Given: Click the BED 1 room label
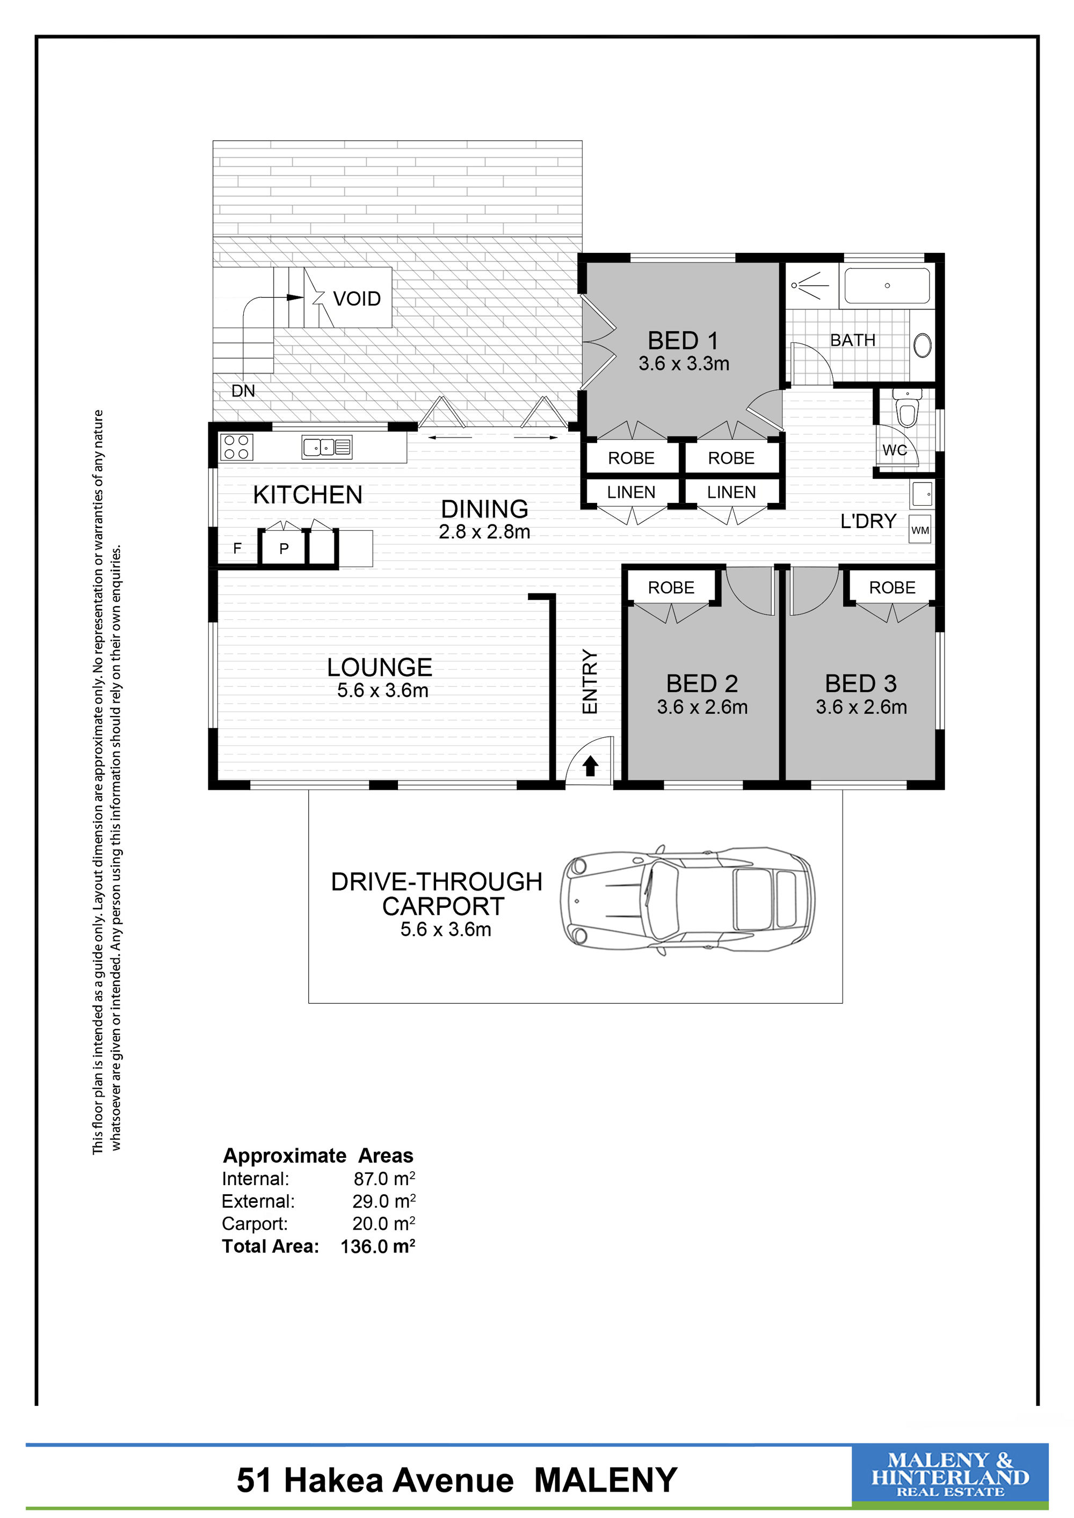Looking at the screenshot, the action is (x=683, y=340).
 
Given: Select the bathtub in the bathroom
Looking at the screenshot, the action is (x=887, y=286).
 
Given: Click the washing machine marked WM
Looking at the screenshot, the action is (x=920, y=530).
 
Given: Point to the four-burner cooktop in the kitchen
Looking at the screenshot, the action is (x=237, y=447).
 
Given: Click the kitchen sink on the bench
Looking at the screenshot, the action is (x=326, y=447).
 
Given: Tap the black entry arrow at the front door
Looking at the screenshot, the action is (x=591, y=767).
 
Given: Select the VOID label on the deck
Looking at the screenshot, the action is (x=357, y=299).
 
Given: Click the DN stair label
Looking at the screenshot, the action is (x=243, y=391).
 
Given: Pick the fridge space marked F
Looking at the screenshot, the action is (x=237, y=548).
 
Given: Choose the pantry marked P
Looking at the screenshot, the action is (x=284, y=549).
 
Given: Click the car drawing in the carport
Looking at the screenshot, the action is (x=687, y=899).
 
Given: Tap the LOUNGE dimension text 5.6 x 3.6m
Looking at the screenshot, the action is (x=382, y=691).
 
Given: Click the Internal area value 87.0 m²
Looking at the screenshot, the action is (x=384, y=1178).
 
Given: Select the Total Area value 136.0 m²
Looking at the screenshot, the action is (x=378, y=1246).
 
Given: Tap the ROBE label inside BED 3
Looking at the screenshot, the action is (x=892, y=588).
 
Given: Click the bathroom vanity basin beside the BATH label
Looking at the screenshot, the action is (x=923, y=345).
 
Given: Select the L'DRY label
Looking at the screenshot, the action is (x=868, y=521).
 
